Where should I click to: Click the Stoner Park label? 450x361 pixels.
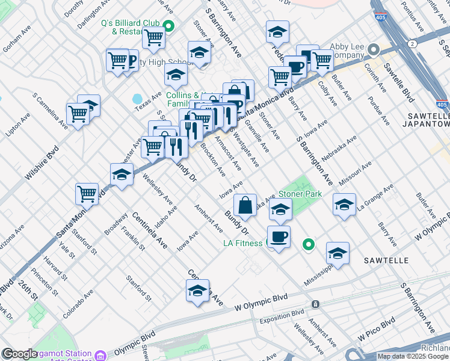pyautogui.click(x=300, y=194)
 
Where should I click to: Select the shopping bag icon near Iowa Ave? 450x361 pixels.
pyautogui.click(x=245, y=205)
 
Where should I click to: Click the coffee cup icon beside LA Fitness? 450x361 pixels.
pyautogui.click(x=278, y=236)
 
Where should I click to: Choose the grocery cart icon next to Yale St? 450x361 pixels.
pyautogui.click(x=87, y=194)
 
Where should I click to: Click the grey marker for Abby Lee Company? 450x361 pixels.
pyautogui.click(x=374, y=49)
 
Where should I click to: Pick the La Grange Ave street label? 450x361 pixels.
pyautogui.click(x=375, y=197)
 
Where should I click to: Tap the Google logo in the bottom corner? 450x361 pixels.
pyautogui.click(x=20, y=354)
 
